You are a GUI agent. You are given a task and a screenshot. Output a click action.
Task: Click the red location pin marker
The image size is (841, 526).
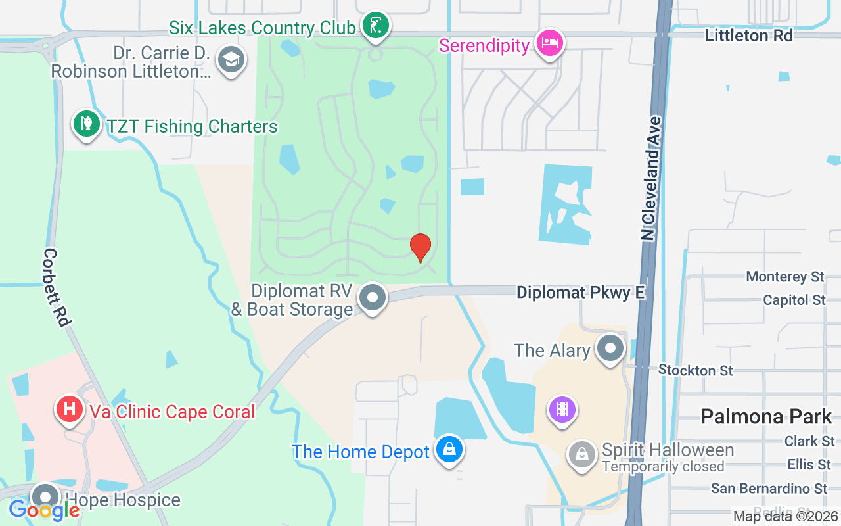[x=420, y=247]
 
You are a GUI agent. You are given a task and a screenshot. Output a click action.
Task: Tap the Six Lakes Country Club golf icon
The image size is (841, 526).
[x=376, y=27]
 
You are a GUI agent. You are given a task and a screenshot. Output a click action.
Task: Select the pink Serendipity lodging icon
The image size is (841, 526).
[x=549, y=43]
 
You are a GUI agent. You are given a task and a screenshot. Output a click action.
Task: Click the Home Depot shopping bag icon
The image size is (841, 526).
[x=449, y=450]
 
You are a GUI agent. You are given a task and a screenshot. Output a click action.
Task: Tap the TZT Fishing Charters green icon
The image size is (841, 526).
[x=85, y=123]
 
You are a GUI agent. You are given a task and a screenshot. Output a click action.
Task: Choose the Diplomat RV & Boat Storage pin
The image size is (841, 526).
[x=373, y=297]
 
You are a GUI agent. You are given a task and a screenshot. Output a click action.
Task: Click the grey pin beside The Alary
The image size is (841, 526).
[x=610, y=348]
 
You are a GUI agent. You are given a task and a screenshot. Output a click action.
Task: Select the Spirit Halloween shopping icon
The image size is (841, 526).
[x=581, y=452]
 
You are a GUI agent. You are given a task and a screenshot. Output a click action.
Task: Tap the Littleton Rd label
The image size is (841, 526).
[x=748, y=36]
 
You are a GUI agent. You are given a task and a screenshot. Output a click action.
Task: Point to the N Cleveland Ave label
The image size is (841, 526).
[x=651, y=178]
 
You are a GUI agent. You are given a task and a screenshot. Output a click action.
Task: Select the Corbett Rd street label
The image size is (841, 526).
[x=57, y=287]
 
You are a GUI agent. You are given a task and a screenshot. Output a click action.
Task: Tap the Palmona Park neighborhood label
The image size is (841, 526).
[x=766, y=416]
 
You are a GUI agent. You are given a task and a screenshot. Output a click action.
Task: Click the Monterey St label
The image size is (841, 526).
[x=785, y=277]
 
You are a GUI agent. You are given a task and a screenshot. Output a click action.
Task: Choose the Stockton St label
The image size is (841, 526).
[x=695, y=370]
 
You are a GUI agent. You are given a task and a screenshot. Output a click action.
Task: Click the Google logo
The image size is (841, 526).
[x=44, y=510]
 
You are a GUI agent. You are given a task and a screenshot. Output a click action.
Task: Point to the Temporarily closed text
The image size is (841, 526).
[x=663, y=467]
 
